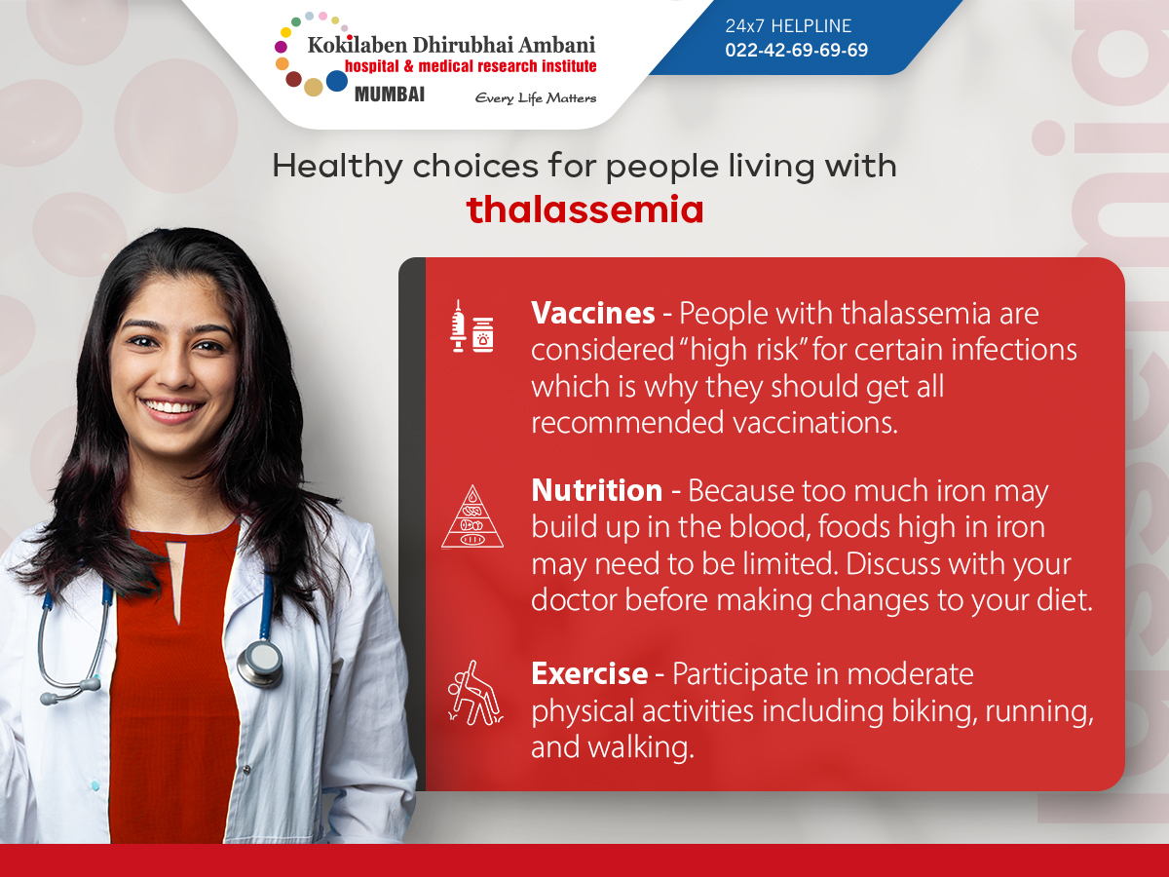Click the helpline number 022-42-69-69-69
pos(796,50)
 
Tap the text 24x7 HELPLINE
pos(788,26)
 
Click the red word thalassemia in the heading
pos(584,210)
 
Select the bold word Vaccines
pos(592,314)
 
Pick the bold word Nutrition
pos(596,490)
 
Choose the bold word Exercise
pos(589,673)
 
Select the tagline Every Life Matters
pos(535,97)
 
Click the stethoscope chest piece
pos(259,664)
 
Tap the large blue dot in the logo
pos(337,81)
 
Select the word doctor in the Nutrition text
pos(574,600)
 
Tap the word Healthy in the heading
pos(337,166)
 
